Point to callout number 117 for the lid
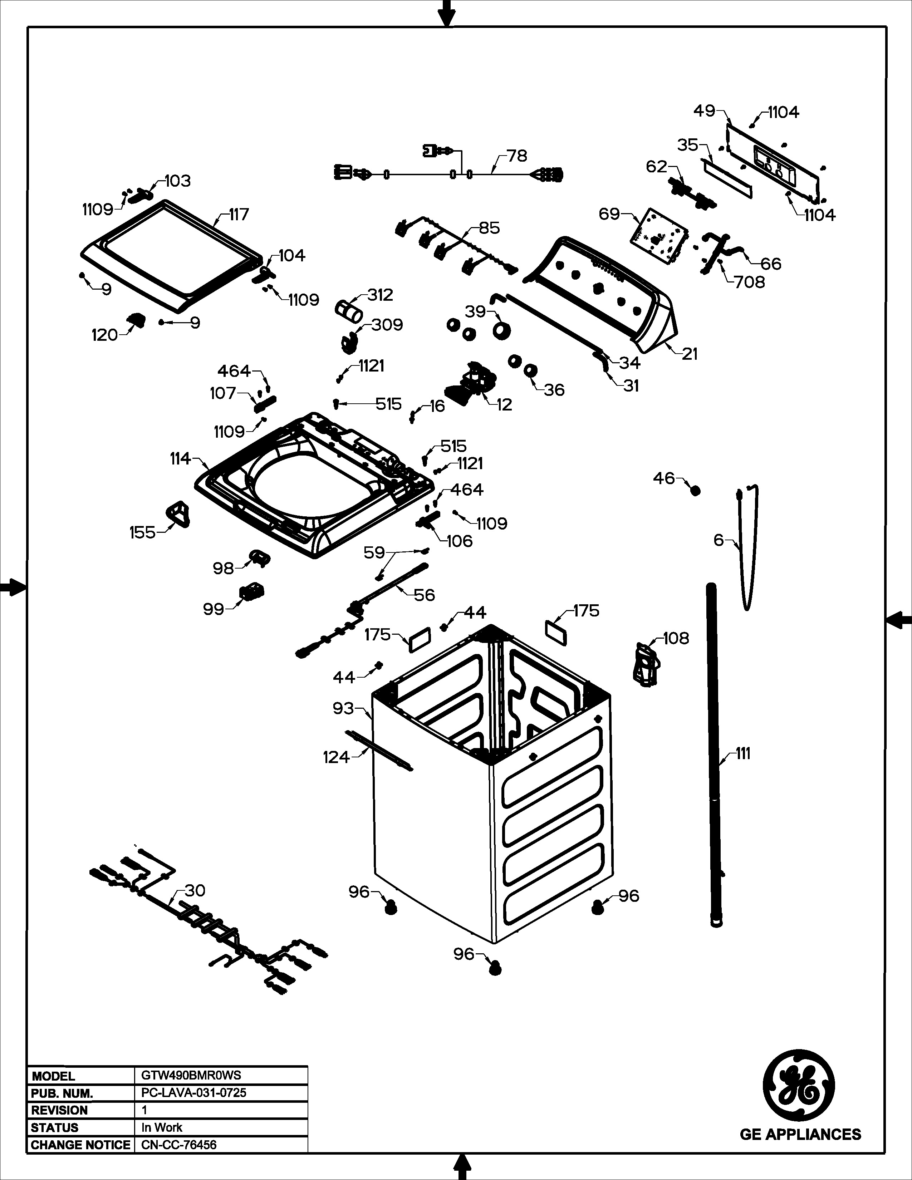(239, 215)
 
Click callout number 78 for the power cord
(517, 156)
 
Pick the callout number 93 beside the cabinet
(343, 708)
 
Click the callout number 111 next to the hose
(744, 754)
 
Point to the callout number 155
(142, 533)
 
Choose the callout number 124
(336, 757)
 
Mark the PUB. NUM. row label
(62, 1093)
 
